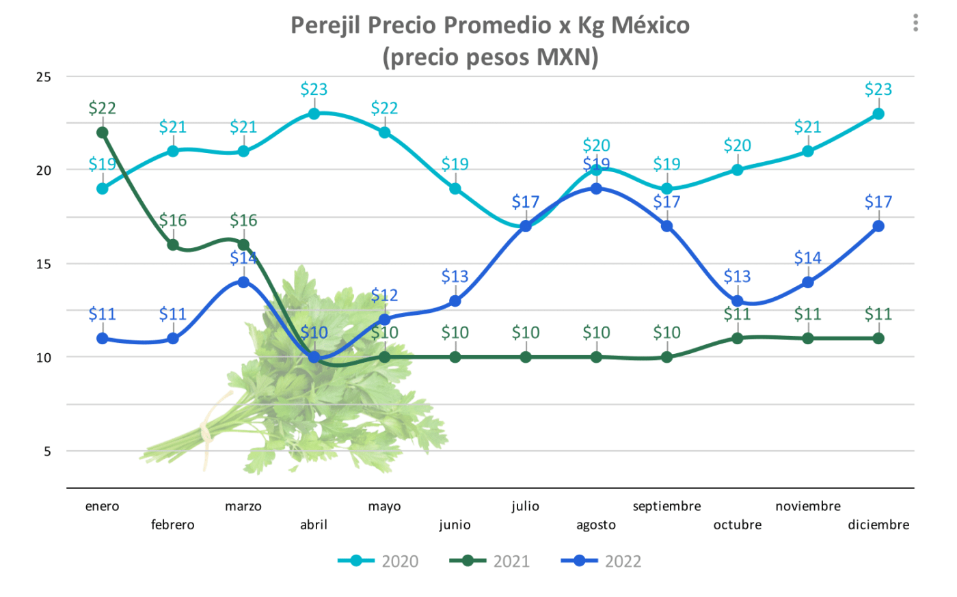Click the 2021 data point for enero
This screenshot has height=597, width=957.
click(x=103, y=133)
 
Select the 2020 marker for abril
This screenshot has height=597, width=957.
click(x=314, y=113)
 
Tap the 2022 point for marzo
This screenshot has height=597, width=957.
click(x=243, y=282)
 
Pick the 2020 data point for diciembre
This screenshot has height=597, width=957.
click(x=878, y=113)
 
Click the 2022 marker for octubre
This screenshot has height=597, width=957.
click(x=738, y=301)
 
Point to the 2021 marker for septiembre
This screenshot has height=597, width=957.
click(x=666, y=357)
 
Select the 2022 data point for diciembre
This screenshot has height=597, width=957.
click(x=878, y=226)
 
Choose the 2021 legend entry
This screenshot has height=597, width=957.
click(x=490, y=561)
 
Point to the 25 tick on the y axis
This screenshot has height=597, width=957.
click(x=44, y=77)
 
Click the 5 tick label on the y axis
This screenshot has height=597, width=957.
click(x=47, y=452)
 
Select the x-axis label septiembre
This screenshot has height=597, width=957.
click(x=666, y=506)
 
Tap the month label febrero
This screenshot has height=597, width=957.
click(x=173, y=525)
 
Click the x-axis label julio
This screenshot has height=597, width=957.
click(x=525, y=506)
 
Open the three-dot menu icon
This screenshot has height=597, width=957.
click(x=915, y=23)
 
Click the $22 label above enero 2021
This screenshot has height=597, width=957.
click(x=103, y=108)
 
